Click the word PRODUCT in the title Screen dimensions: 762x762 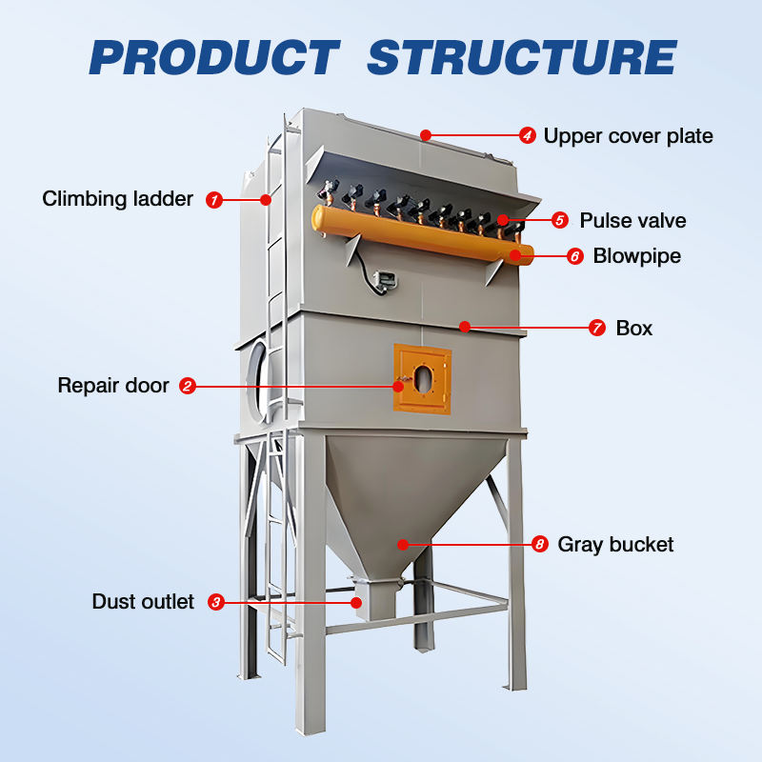pos(214,57)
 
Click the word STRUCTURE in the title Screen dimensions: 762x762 pos(522,57)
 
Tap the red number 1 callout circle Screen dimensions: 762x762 pos(213,200)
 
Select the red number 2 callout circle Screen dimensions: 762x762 pos(188,386)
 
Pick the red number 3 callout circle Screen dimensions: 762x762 pos(216,602)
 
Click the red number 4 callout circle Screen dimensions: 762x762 pos(528,135)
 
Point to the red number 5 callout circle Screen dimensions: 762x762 pos(559,220)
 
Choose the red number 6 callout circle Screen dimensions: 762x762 pos(575,256)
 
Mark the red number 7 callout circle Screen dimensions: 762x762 pos(597,328)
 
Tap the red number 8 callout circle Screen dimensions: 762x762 pos(539,544)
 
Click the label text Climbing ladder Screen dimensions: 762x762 pos(117,199)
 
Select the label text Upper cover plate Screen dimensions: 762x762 pos(628,136)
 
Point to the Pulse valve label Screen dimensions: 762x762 pos(632,221)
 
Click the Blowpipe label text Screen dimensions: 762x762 pos(636,256)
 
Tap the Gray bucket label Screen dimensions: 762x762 pos(615,545)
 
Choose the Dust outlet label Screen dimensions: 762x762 pos(143,602)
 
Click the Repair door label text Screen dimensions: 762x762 pos(113,386)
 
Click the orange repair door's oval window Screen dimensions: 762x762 pos(423,379)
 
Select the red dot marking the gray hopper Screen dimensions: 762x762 pos(402,544)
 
